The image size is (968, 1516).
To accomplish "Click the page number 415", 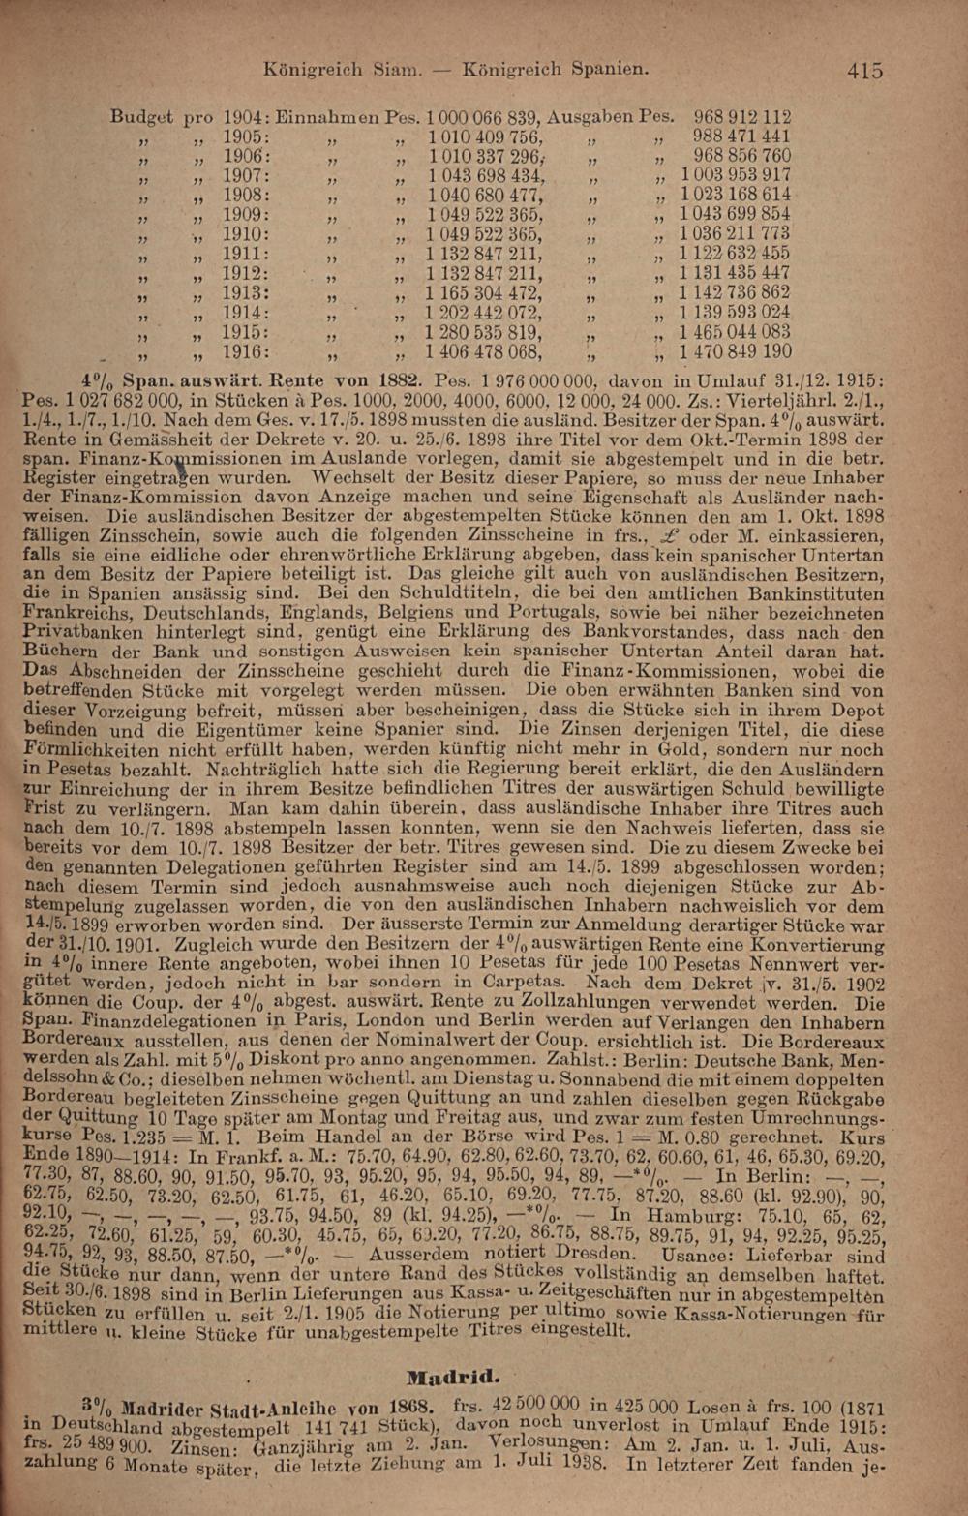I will tap(863, 70).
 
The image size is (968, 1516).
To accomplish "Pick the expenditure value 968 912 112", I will tap(741, 117).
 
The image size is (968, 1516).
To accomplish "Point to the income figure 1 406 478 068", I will tap(484, 352).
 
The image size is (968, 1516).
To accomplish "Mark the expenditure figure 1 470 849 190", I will tap(735, 352).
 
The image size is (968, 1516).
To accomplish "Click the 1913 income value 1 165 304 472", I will tap(484, 293).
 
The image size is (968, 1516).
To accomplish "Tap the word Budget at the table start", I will tap(141, 117).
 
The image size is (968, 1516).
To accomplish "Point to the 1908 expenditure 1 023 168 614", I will tap(735, 195).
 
